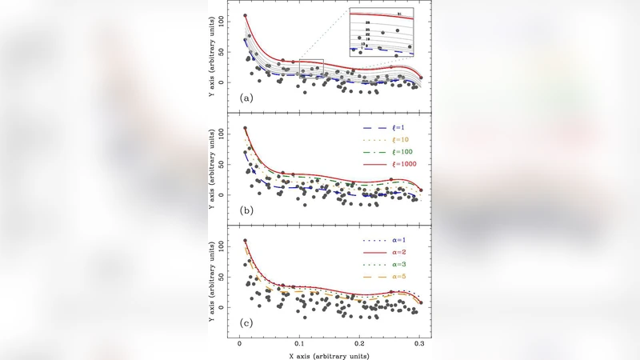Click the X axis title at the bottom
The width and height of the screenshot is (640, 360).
point(330,352)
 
